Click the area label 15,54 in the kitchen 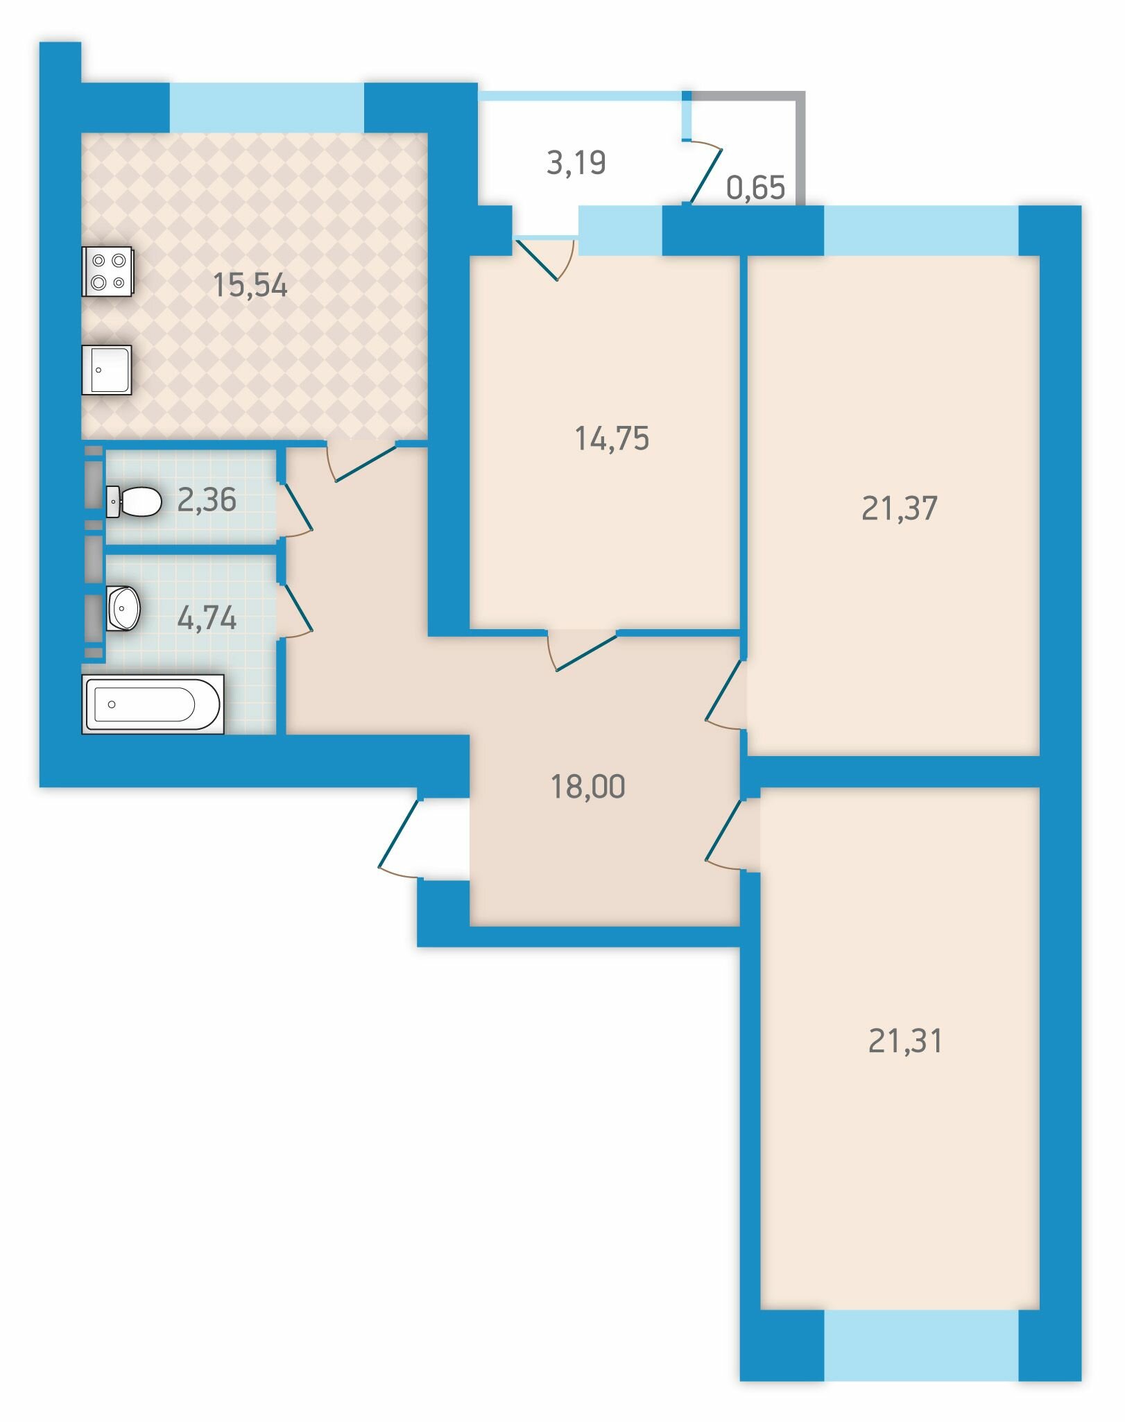click(250, 285)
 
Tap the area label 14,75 click(612, 439)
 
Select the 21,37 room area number click(900, 508)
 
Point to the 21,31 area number click(905, 1041)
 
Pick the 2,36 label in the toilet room click(207, 500)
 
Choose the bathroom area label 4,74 click(207, 618)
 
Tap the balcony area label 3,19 click(576, 163)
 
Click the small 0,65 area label click(755, 188)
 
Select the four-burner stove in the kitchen click(108, 271)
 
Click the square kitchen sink click(107, 370)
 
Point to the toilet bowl click(134, 501)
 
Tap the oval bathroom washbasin click(123, 609)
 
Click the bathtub click(153, 704)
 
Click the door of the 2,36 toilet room click(295, 510)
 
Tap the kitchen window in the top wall click(267, 108)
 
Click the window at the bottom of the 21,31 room click(921, 1345)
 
